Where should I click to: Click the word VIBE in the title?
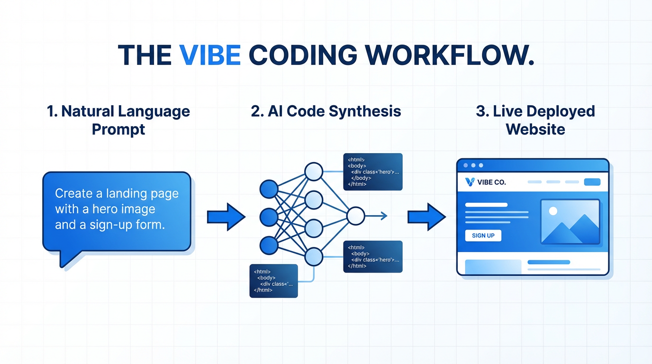(210, 55)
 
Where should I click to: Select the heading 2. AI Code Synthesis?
(326, 111)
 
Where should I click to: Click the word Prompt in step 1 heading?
(118, 129)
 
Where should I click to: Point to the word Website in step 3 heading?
(535, 129)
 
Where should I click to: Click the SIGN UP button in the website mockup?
(483, 236)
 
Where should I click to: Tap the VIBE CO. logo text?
(492, 182)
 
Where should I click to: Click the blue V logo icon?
(470, 182)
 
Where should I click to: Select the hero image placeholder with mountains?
(570, 222)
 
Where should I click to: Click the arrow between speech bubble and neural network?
(226, 217)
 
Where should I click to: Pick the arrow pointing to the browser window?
(426, 217)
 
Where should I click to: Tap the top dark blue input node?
(269, 189)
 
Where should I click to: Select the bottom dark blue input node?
(269, 245)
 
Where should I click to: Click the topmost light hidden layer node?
(313, 172)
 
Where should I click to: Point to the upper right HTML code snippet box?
(372, 172)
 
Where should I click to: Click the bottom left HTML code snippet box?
(273, 281)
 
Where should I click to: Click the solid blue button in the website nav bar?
(592, 182)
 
